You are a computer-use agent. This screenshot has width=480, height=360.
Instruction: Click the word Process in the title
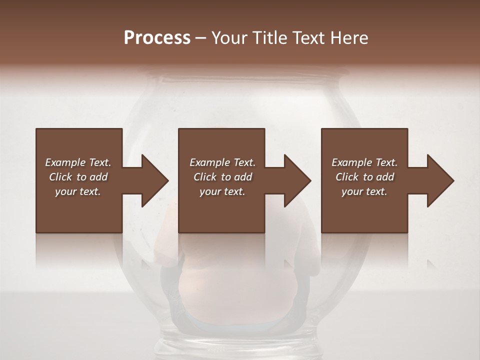[x=157, y=38]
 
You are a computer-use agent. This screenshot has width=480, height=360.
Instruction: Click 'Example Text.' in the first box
[x=78, y=162]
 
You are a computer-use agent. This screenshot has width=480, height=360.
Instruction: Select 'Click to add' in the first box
[x=78, y=177]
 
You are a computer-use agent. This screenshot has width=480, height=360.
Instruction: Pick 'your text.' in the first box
[x=78, y=191]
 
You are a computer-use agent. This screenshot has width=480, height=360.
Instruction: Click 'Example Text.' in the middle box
[x=222, y=162]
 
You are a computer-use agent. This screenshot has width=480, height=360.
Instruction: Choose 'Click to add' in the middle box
[x=222, y=177]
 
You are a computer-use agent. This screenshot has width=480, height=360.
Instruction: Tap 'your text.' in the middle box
[x=222, y=191]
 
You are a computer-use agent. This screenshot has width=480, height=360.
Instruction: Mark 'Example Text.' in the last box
[x=364, y=162]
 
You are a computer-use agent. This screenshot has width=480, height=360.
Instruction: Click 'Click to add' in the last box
[x=364, y=177]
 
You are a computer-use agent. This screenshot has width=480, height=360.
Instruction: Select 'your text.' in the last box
[x=364, y=191]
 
